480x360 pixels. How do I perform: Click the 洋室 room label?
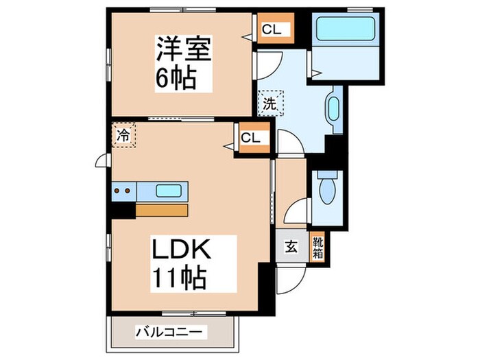pos(182,49)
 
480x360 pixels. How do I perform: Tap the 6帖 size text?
pos(176,78)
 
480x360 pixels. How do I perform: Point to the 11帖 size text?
pos(176,278)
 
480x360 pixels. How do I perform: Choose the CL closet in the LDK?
pos(251,137)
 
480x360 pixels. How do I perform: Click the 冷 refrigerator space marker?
pos(124,134)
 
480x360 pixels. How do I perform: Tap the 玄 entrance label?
pos(291,248)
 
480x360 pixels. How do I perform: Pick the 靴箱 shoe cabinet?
pos(318,246)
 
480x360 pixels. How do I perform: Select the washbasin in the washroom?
pos(334,110)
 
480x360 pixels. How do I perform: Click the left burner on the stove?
pos(117,191)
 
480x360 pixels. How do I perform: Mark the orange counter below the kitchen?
pos(161,209)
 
